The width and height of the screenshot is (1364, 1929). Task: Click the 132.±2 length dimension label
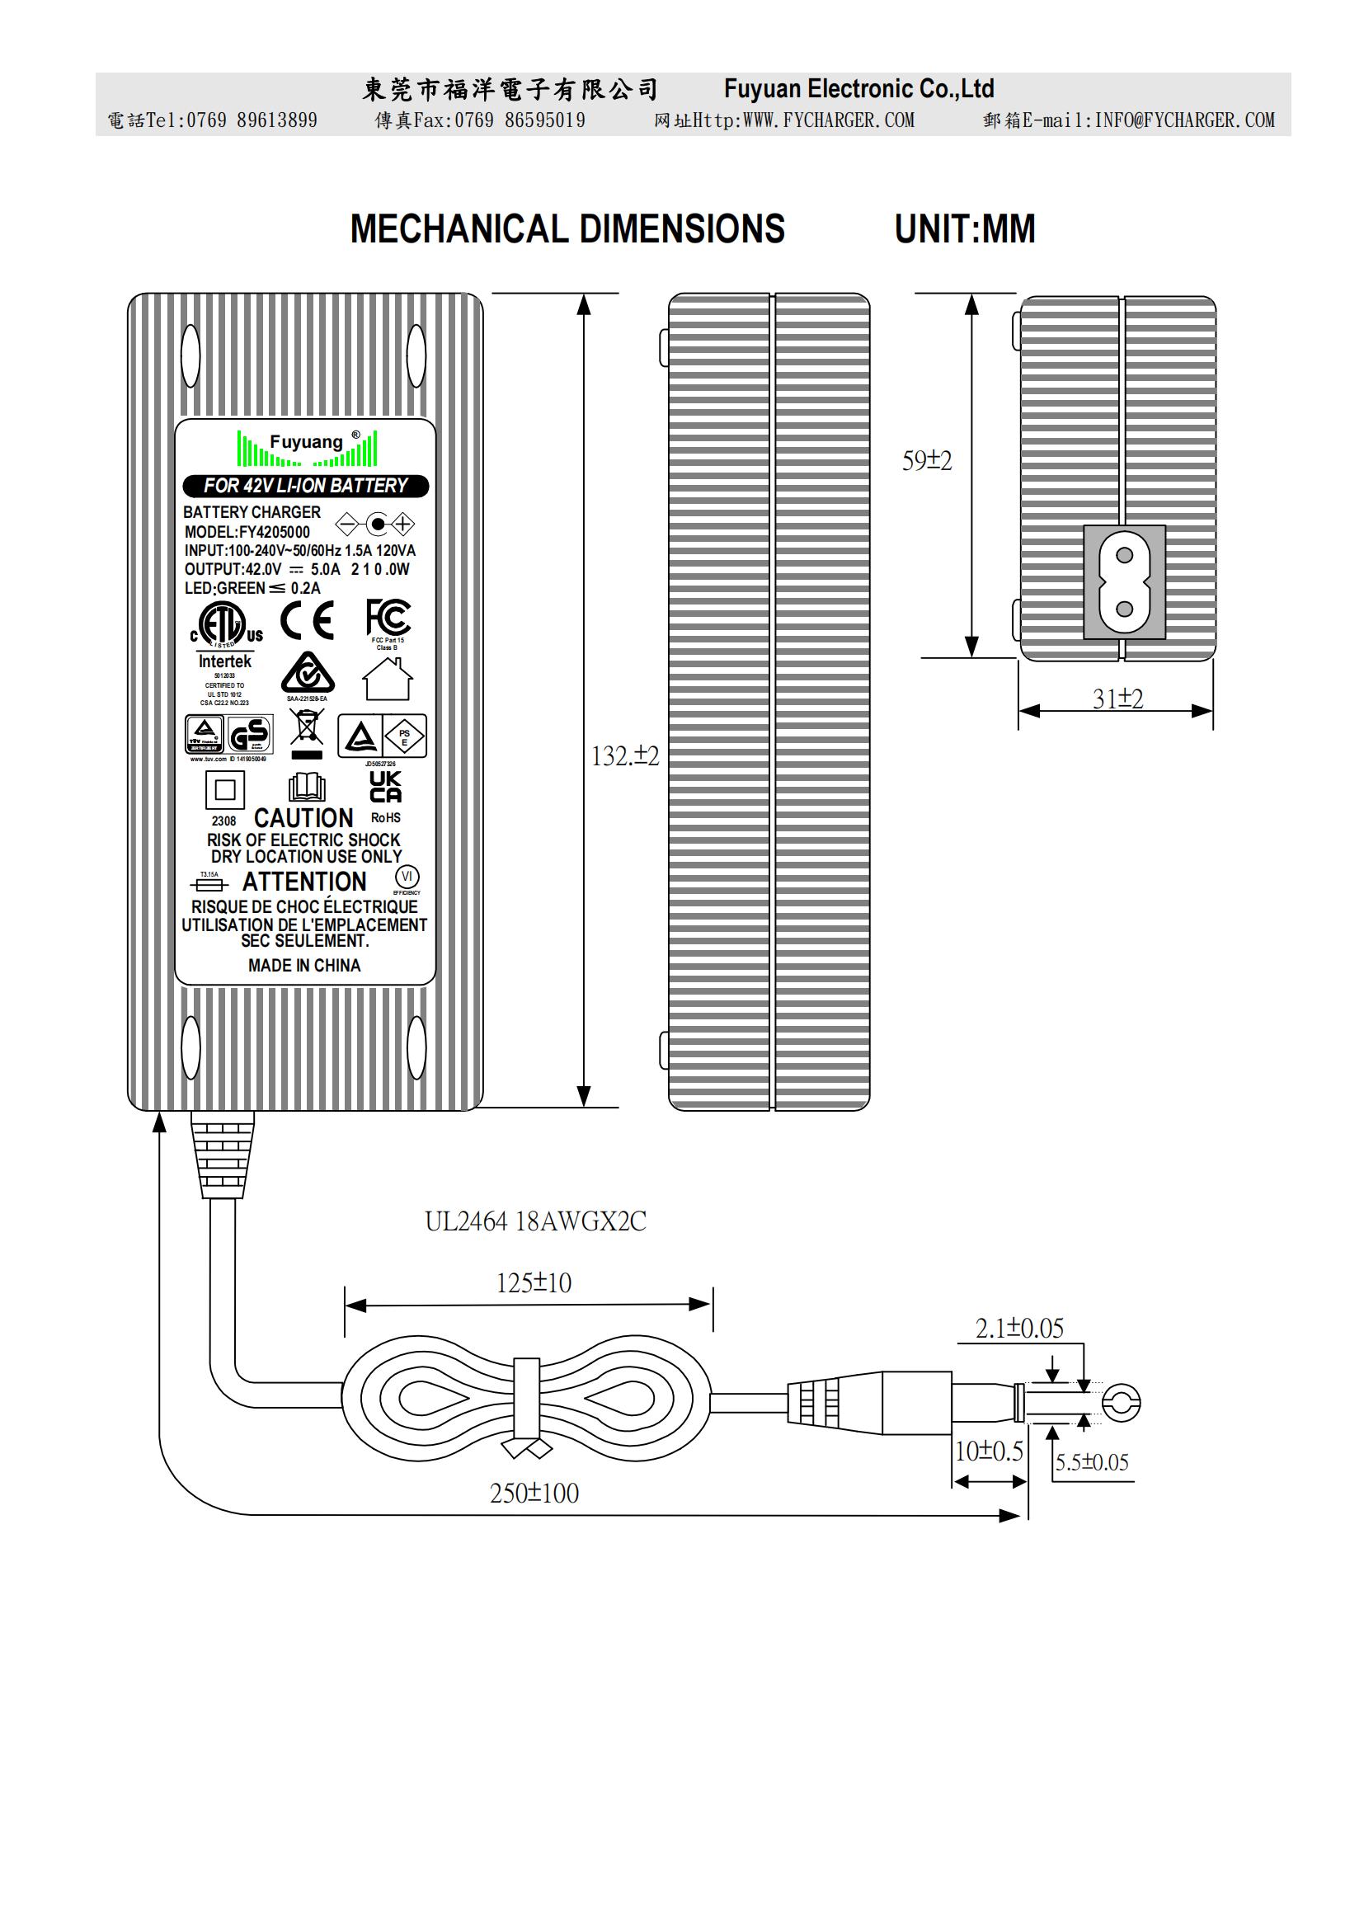625,756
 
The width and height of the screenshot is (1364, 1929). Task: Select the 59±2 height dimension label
926,460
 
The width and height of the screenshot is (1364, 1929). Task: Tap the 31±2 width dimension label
1117,699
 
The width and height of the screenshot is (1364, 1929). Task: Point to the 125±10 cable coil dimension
534,1283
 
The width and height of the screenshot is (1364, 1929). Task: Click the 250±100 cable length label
534,1493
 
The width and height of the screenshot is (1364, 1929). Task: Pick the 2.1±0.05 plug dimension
1018,1329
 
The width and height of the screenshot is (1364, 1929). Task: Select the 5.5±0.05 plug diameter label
1092,1463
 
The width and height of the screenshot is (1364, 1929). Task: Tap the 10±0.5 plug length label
989,1451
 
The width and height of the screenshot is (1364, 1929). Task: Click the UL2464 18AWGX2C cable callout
535,1221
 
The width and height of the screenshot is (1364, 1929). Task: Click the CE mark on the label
307,621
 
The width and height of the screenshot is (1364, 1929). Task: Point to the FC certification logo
388,619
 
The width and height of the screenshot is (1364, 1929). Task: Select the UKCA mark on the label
385,787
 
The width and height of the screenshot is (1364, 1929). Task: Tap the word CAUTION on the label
303,817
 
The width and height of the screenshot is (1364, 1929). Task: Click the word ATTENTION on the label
304,882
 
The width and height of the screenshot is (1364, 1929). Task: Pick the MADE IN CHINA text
304,966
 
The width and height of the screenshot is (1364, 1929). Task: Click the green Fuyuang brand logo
307,448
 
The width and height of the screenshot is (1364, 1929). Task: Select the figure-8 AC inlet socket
1124,581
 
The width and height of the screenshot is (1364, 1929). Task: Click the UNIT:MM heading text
964,228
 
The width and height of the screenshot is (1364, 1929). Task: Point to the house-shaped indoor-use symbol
388,679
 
